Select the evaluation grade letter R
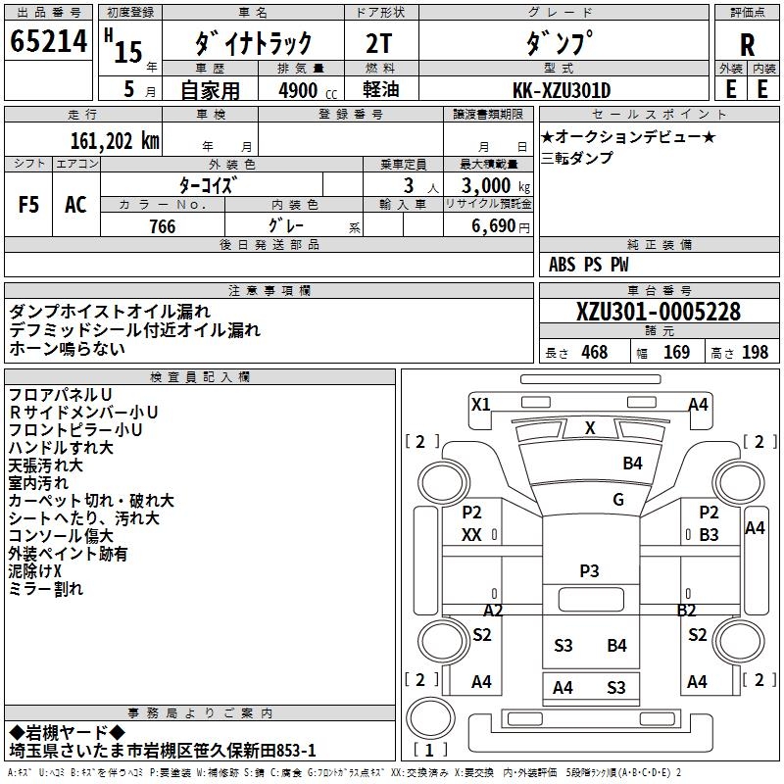point(747,45)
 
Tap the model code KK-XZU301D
point(562,90)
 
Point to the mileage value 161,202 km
point(115,140)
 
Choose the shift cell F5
point(28,204)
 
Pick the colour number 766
point(163,226)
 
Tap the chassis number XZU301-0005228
point(659,312)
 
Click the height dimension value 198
point(756,352)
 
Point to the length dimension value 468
point(594,352)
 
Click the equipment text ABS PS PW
point(589,265)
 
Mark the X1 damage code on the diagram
point(480,404)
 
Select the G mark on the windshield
point(617,500)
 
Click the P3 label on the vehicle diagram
point(589,569)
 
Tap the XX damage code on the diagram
point(471,534)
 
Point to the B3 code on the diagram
point(710,534)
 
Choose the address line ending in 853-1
point(163,750)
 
